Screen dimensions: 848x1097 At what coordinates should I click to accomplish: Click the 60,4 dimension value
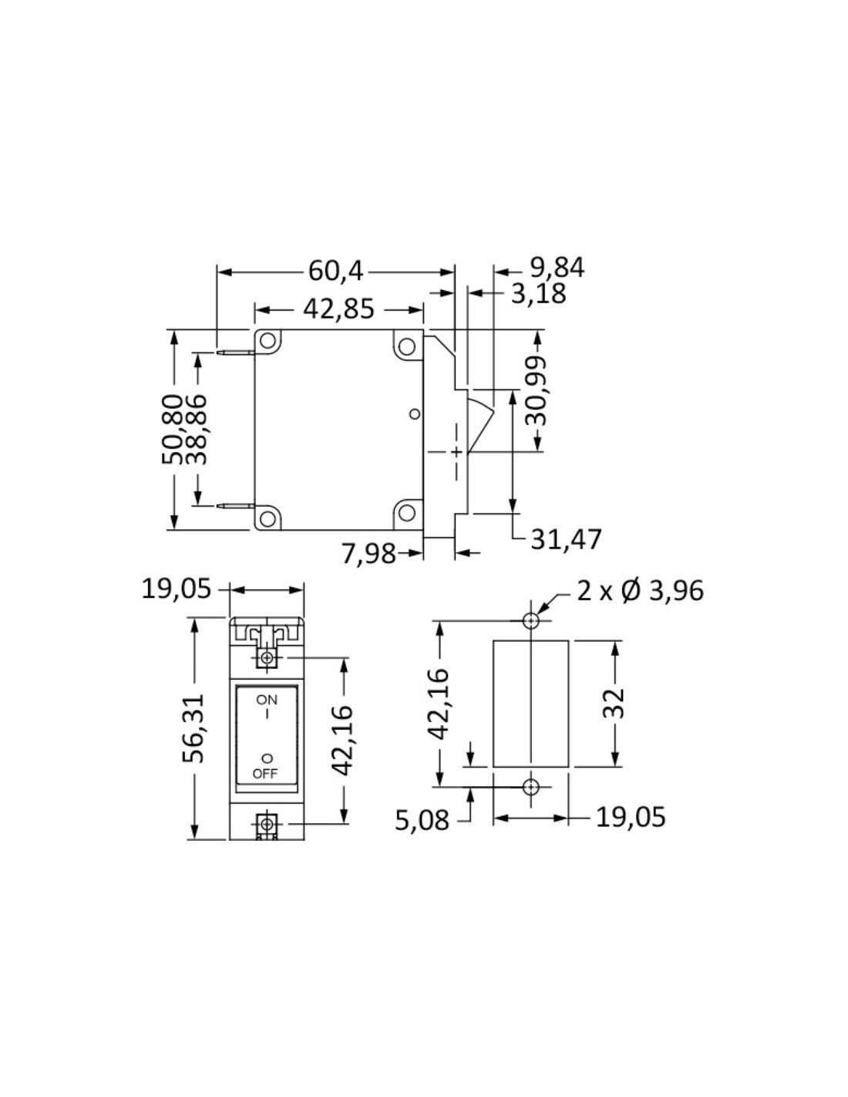335,272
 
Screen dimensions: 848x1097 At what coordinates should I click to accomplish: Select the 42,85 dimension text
338,309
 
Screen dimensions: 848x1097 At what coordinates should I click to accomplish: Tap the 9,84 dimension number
557,268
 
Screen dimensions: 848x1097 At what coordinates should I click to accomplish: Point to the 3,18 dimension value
538,294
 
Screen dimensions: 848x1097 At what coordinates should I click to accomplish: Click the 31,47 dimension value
566,539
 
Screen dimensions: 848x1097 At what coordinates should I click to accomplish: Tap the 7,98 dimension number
368,554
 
